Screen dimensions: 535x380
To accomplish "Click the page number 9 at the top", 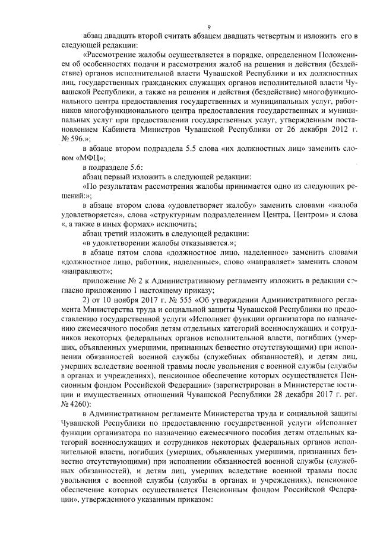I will coord(210,26).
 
